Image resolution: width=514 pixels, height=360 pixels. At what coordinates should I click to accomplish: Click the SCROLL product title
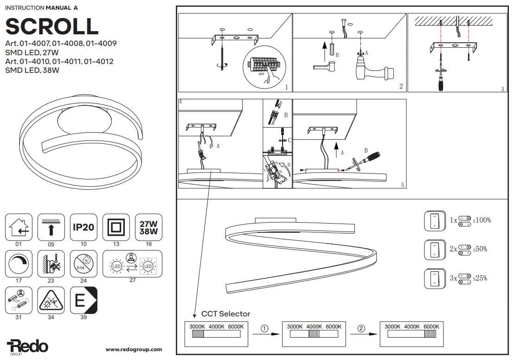[x=51, y=26]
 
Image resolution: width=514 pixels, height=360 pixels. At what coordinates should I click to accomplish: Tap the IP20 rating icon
[x=84, y=227]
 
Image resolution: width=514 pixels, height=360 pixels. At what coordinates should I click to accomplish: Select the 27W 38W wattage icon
[x=148, y=227]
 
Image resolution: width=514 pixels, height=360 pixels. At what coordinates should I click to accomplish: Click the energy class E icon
[x=84, y=301]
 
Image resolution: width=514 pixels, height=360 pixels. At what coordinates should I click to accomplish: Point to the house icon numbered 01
[x=19, y=227]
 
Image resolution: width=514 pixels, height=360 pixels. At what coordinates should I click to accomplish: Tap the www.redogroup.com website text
[x=134, y=349]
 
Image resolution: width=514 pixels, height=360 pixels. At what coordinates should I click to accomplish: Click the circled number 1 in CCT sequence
[x=264, y=328]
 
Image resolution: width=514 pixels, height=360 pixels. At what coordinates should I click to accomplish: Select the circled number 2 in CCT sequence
[x=361, y=328]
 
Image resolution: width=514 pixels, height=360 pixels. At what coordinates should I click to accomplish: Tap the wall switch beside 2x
[x=434, y=250]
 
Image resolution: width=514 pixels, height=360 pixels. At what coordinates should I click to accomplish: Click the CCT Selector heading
[x=225, y=314]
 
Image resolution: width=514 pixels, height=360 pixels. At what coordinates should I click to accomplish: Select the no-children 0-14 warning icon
[x=84, y=264]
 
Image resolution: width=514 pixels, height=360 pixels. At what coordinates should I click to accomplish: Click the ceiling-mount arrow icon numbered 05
[x=51, y=227]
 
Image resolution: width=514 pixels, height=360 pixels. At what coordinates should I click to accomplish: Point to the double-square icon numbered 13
[x=116, y=227]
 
